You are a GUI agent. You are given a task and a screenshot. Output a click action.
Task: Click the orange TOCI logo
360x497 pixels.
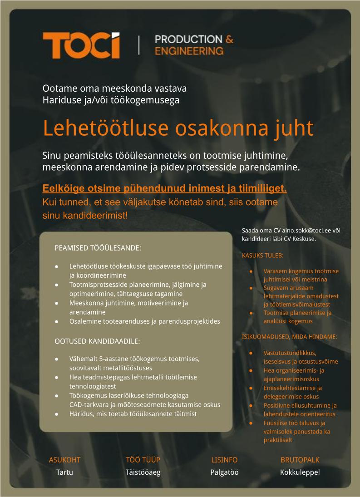[81, 45]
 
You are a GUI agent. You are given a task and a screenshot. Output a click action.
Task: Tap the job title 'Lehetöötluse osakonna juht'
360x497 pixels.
[178, 128]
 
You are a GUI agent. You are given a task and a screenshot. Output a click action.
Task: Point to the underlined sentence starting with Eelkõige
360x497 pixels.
[165, 188]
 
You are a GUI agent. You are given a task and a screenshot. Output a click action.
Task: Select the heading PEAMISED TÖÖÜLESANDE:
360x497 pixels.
[98, 248]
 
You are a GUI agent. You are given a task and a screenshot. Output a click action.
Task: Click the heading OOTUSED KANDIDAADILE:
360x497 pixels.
[97, 340]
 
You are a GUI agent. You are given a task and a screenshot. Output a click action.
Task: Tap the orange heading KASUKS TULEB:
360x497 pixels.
[262, 255]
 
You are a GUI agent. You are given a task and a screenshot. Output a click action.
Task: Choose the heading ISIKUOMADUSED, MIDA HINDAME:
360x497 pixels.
[289, 336]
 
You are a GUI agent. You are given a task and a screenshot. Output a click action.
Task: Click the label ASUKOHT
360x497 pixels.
[64, 460]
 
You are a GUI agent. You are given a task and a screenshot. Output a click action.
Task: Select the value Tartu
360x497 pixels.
[64, 472]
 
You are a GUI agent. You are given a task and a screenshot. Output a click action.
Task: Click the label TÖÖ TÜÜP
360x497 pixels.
[143, 460]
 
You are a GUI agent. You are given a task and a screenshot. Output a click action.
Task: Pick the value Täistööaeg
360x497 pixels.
[143, 472]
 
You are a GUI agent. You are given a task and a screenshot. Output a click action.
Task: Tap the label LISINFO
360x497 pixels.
[224, 460]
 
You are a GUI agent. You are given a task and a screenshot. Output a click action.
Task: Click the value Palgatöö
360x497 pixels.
[224, 472]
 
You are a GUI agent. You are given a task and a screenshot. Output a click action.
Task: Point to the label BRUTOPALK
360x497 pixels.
[300, 460]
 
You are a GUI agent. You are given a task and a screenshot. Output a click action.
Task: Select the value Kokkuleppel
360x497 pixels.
[300, 472]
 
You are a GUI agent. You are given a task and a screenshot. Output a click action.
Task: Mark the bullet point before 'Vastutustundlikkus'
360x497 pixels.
[251, 353]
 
